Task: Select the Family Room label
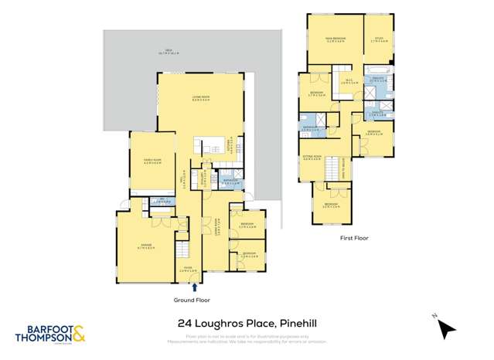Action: point(152,161)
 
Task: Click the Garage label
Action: point(148,249)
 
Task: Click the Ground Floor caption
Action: point(192,299)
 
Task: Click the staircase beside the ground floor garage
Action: point(183,251)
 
